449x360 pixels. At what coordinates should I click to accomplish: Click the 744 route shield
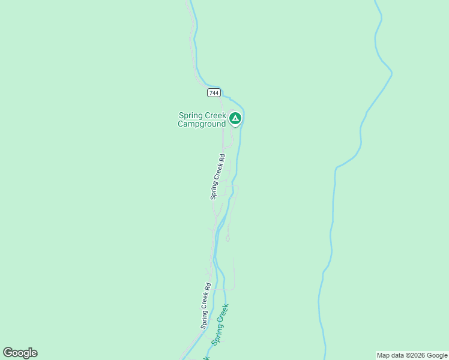[214, 92]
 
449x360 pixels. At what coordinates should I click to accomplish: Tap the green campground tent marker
[235, 119]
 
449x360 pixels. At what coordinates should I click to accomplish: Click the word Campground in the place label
[202, 124]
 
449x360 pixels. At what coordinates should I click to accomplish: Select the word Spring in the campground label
[191, 116]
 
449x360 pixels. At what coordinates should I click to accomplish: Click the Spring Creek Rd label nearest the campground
[217, 176]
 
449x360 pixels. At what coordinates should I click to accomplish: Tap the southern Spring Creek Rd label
[206, 305]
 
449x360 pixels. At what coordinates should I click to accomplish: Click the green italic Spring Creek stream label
[220, 323]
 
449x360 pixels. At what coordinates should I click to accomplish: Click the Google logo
[20, 353]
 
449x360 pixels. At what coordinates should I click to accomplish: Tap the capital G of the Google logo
[8, 353]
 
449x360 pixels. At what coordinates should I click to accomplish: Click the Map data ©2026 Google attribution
[412, 355]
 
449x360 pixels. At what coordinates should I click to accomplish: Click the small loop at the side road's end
[228, 238]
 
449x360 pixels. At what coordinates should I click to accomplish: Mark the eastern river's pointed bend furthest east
[392, 74]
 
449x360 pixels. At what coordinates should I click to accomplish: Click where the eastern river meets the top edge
[375, 2]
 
